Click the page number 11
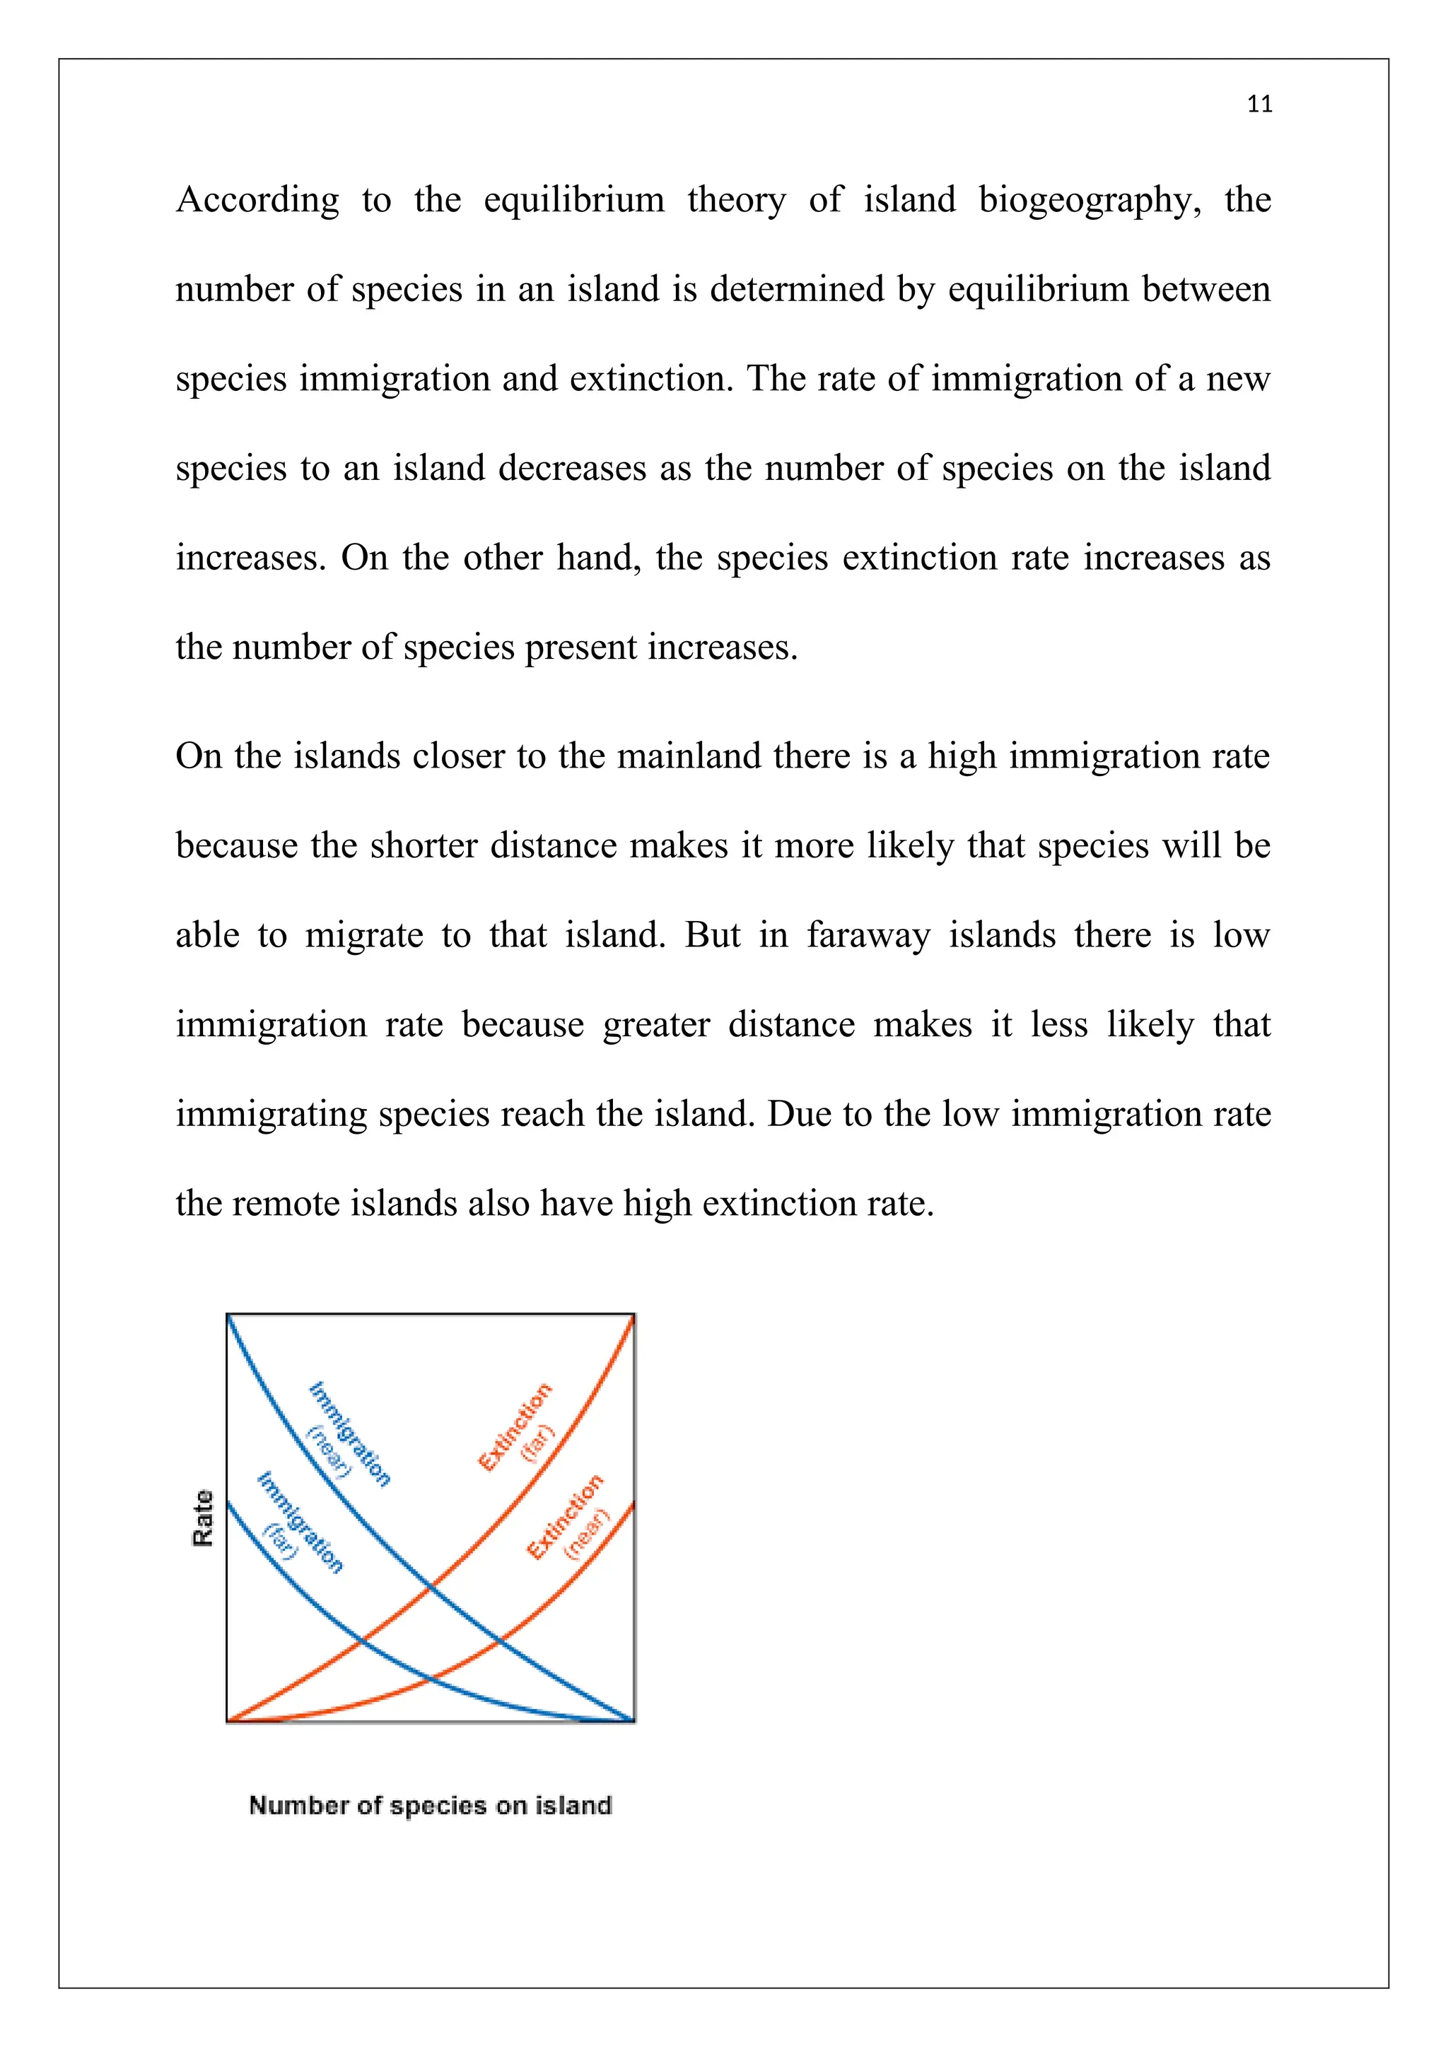[x=1259, y=105]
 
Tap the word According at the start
[x=257, y=201]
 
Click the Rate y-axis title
[x=204, y=1518]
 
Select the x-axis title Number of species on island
[x=430, y=1805]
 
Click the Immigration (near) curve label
[x=344, y=1436]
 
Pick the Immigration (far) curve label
[x=295, y=1525]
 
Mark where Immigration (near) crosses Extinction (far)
[x=431, y=1587]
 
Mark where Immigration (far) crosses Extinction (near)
[x=431, y=1679]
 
